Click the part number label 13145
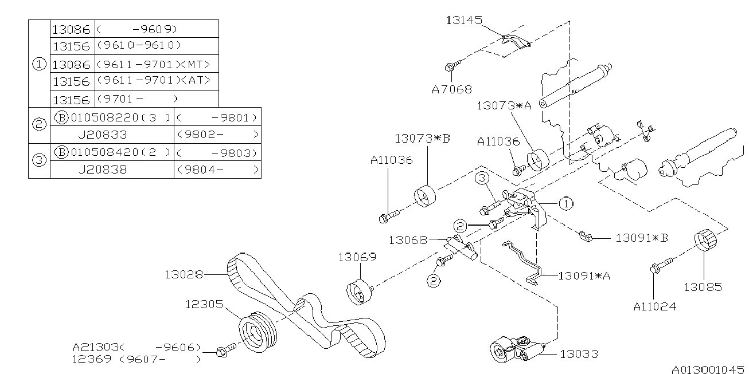click(465, 20)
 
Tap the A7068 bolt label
click(452, 89)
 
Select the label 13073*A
click(504, 105)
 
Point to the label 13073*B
click(422, 139)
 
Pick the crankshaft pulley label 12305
click(204, 304)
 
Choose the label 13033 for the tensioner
click(579, 354)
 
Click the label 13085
click(703, 286)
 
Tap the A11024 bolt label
click(654, 306)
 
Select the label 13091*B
click(641, 237)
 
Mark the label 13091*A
click(584, 276)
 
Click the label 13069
click(356, 257)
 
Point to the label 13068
click(407, 240)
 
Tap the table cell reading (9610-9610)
click(139, 45)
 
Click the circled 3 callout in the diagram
click(481, 180)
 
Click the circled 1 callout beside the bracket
click(565, 203)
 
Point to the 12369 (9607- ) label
click(136, 360)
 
